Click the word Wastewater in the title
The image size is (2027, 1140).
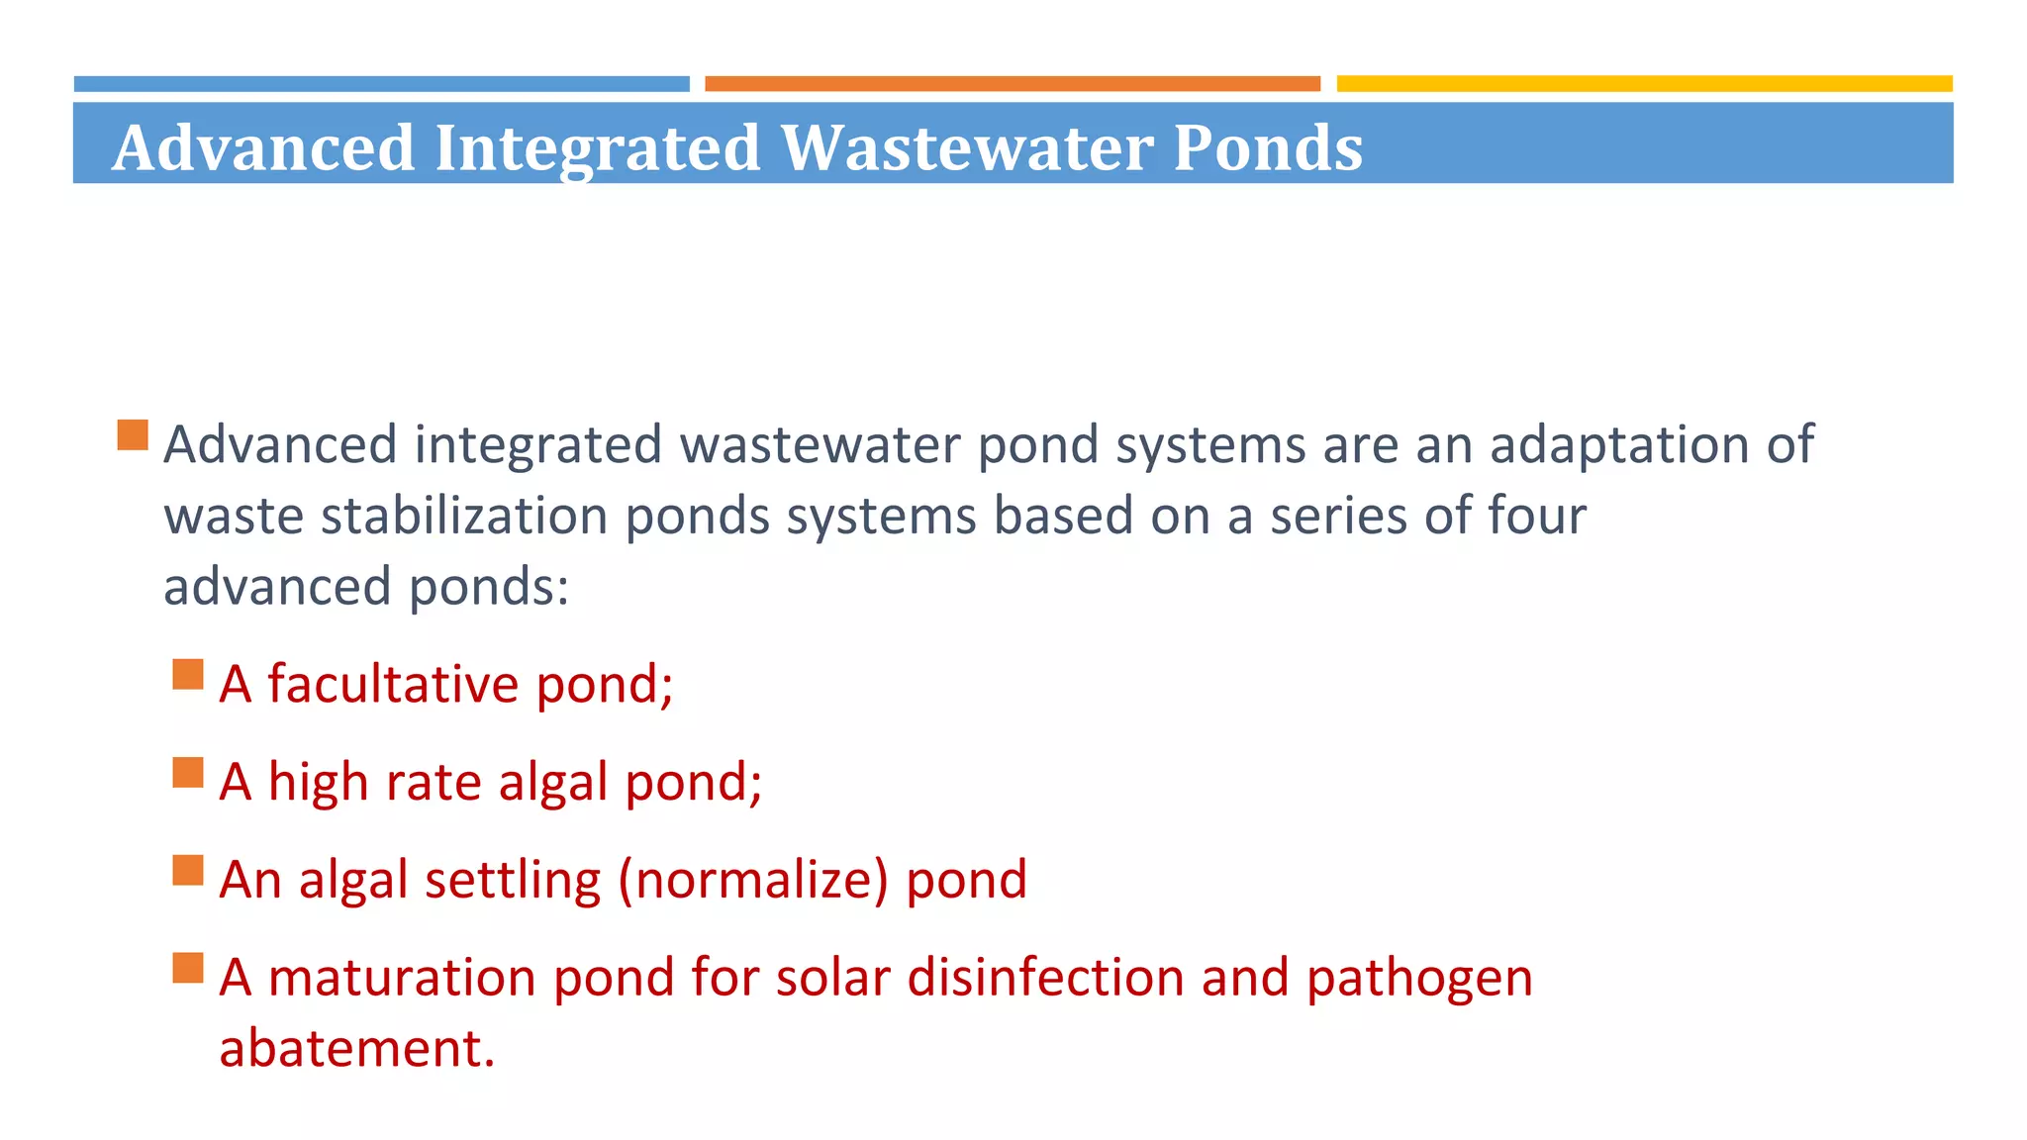[x=967, y=147]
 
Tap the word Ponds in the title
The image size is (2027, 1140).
[x=1268, y=147]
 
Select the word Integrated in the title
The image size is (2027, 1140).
[x=597, y=147]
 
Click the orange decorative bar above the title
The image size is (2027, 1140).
[x=1012, y=84]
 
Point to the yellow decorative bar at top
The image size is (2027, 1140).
[x=1644, y=84]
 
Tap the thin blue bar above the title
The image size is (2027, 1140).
[x=381, y=84]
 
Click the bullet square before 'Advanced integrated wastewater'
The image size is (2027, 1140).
[x=133, y=435]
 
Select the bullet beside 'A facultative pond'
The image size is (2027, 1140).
[x=188, y=675]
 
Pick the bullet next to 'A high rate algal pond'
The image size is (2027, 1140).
[x=188, y=773]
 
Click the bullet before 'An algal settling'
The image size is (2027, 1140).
[x=188, y=871]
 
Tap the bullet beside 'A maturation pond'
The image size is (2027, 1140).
[x=188, y=968]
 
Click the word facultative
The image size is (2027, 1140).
[x=393, y=684]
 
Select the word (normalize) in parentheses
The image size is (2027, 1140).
[x=753, y=880]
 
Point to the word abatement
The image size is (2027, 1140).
[x=356, y=1048]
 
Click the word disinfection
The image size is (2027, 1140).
[x=1045, y=978]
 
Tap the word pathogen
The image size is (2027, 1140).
[x=1419, y=980]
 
